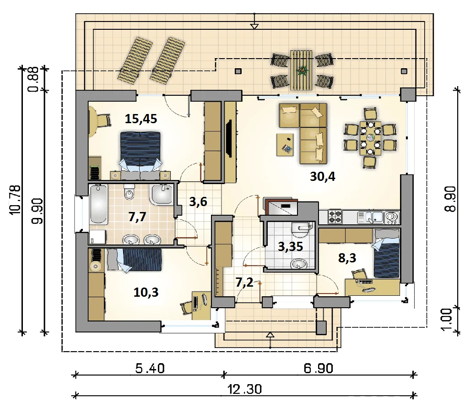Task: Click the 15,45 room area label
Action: pyautogui.click(x=141, y=119)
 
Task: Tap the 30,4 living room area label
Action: pyautogui.click(x=323, y=177)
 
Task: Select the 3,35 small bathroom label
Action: pyautogui.click(x=291, y=247)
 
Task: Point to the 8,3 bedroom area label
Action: pyautogui.click(x=347, y=258)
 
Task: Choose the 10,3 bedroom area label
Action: pyautogui.click(x=146, y=292)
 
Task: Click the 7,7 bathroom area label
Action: pyautogui.click(x=137, y=217)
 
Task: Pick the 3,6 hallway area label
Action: pyautogui.click(x=198, y=202)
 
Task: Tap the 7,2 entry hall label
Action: pyautogui.click(x=244, y=282)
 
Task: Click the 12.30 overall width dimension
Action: pyautogui.click(x=244, y=389)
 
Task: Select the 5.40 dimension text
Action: pyautogui.click(x=150, y=368)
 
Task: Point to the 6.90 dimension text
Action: pyautogui.click(x=319, y=368)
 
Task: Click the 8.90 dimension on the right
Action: pyautogui.click(x=450, y=199)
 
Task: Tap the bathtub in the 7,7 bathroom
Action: pyautogui.click(x=98, y=204)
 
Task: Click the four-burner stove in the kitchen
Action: pyautogui.click(x=335, y=217)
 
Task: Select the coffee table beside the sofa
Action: pyautogui.click(x=285, y=145)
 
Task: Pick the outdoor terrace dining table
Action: pyautogui.click(x=301, y=70)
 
